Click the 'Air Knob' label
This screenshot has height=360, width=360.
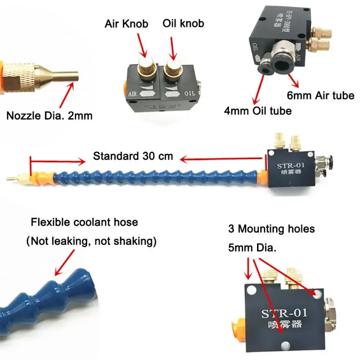126,24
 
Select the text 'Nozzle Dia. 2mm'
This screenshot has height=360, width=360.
49,116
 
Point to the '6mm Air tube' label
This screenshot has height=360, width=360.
321,96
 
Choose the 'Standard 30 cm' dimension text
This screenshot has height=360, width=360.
133,156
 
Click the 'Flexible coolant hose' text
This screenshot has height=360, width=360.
84,223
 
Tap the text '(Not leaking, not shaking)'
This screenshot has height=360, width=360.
91,242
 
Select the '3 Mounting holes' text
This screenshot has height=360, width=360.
271,229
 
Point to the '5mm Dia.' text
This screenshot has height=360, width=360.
253,248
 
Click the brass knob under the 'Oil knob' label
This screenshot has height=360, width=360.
173,68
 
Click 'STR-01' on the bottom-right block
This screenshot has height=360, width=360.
284,313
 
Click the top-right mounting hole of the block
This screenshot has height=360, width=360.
316,295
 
